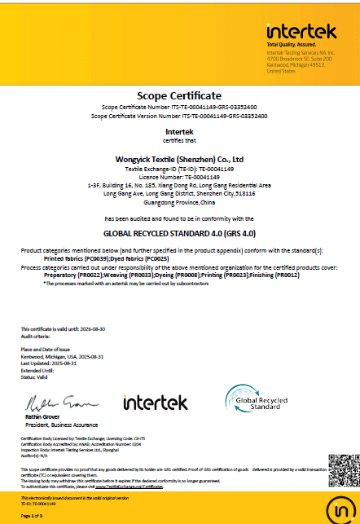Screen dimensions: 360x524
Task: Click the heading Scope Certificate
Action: (x=179, y=95)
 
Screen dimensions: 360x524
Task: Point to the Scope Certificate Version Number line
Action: (x=180, y=116)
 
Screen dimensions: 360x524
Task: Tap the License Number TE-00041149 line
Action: (x=180, y=175)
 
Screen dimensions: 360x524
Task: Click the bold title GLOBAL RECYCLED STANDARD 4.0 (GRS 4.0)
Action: (x=180, y=232)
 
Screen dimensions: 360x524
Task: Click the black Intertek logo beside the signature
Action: (x=155, y=402)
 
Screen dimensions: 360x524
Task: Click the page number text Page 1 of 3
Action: (x=32, y=516)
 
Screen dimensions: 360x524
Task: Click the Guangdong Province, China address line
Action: (x=180, y=200)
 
